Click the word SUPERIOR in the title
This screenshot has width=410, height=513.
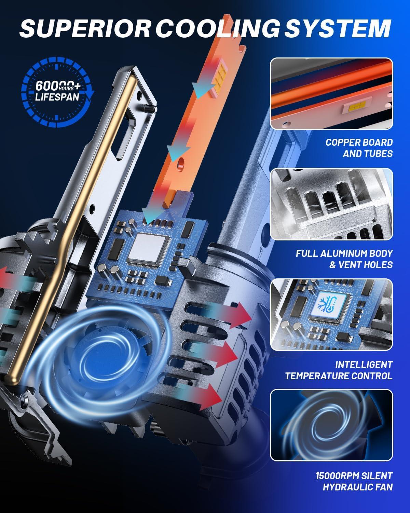(x=85, y=29)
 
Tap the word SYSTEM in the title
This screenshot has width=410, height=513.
(x=338, y=29)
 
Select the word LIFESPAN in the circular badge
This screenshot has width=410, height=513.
(x=57, y=97)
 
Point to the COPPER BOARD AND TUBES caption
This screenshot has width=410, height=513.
(x=359, y=148)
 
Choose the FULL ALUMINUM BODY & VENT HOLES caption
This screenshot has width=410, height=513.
(x=344, y=259)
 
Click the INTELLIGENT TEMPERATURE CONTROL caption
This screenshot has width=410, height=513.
(x=339, y=370)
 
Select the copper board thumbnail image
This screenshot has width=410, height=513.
(x=331, y=93)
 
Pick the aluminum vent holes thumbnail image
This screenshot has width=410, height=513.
(x=331, y=204)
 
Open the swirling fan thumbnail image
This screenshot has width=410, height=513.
(x=331, y=425)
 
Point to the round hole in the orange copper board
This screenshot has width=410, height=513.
(x=181, y=162)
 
